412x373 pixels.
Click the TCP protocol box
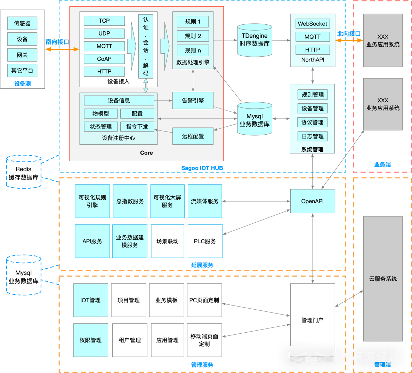[104, 21]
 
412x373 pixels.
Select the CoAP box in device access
[104, 59]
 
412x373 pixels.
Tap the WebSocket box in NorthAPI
[312, 24]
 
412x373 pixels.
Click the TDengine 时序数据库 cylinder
[255, 40]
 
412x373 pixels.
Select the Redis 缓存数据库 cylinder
[24, 173]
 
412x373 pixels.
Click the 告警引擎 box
[193, 101]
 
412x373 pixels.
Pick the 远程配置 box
[193, 136]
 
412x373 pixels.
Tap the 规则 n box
[193, 50]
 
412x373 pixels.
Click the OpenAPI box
[312, 201]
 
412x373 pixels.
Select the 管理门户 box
[312, 320]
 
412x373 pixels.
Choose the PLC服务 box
[205, 241]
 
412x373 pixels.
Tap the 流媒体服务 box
[205, 201]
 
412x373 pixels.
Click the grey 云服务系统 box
[383, 279]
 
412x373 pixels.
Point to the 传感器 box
[22, 23]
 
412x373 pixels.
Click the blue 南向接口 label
[57, 42]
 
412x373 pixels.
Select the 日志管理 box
[312, 136]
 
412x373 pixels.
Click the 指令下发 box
[137, 127]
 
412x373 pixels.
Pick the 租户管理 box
[130, 340]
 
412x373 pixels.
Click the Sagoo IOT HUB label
[202, 168]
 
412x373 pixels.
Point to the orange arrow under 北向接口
[349, 40]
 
